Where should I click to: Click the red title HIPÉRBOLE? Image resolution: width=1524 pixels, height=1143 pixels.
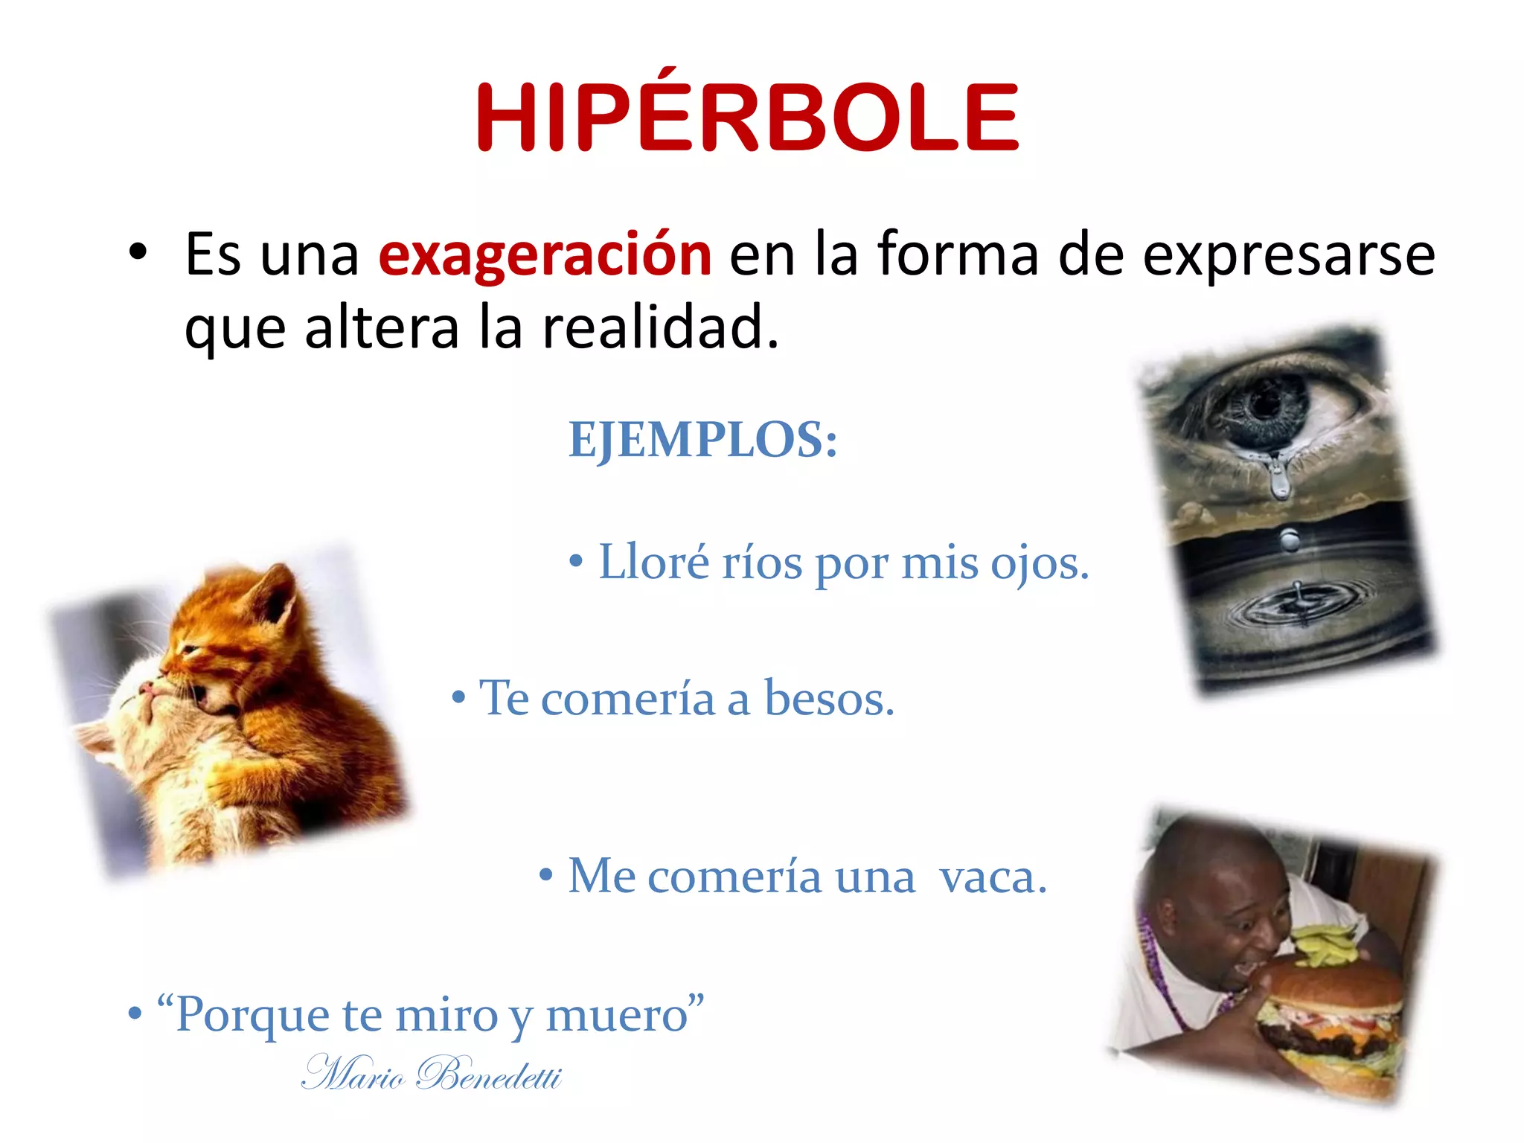[747, 117]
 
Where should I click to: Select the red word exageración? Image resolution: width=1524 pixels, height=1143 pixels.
[545, 254]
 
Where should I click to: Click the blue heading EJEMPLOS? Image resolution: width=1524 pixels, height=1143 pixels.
[702, 439]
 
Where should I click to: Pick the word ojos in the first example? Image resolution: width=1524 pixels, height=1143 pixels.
[1039, 563]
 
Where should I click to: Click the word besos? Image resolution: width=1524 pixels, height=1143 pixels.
[829, 699]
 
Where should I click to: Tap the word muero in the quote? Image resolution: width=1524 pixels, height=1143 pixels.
[616, 1014]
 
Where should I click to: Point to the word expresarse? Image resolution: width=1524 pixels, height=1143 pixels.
[1288, 254]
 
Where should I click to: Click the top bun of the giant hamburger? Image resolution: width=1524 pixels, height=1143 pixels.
[1332, 982]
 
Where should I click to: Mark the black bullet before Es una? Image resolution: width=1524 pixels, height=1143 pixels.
[138, 253]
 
